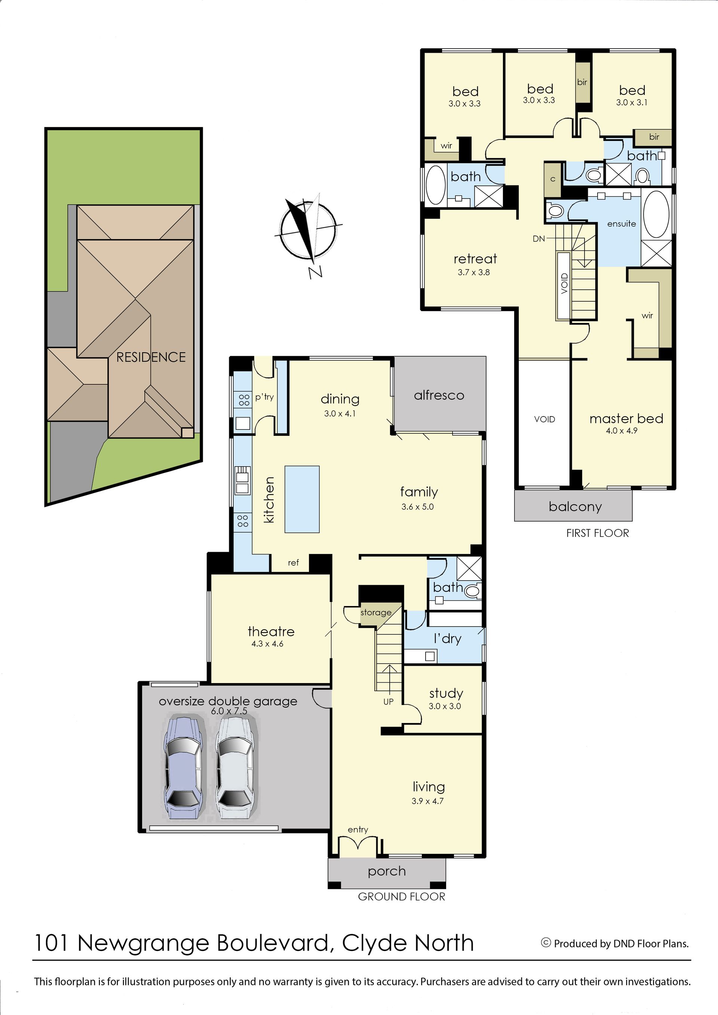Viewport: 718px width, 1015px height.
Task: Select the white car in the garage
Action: click(236, 768)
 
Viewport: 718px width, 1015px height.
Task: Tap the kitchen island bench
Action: click(302, 499)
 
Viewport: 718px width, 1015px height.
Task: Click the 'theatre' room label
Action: click(271, 631)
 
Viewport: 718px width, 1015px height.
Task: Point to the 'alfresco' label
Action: click(439, 395)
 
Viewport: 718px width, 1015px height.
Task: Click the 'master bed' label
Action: click(626, 419)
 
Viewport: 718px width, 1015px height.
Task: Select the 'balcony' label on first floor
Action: click(575, 507)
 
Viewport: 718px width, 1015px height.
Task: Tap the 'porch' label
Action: click(387, 871)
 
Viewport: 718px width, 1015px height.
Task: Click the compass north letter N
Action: click(315, 272)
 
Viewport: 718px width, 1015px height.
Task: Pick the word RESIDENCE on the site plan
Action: click(151, 357)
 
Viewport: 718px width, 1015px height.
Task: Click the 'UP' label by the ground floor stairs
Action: click(388, 702)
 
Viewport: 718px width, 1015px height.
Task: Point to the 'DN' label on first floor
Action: click(538, 239)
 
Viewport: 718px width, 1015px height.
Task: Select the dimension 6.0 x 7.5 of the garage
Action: click(229, 711)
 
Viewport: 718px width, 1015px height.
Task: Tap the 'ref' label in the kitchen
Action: click(293, 563)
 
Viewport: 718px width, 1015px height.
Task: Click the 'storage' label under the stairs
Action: click(376, 613)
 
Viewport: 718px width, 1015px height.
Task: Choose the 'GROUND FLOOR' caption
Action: click(401, 896)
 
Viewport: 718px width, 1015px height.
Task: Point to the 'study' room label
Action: click(446, 693)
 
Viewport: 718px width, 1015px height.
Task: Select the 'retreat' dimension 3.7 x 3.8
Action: click(473, 272)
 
